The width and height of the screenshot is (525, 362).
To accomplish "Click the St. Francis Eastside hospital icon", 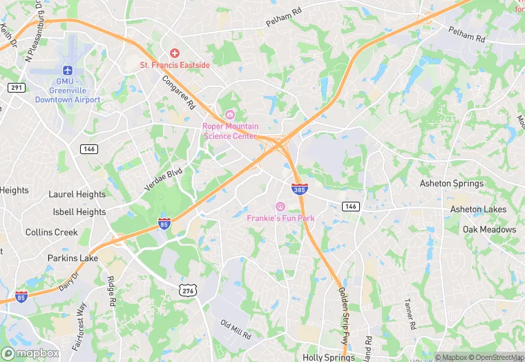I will pyautogui.click(x=174, y=53).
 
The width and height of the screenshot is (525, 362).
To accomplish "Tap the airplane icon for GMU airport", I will pyautogui.click(x=68, y=70).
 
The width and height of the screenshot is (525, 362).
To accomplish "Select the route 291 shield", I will pyautogui.click(x=17, y=88).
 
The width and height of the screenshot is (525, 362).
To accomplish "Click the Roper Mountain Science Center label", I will pyautogui.click(x=230, y=131).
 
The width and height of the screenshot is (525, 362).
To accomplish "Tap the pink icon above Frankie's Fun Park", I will pyautogui.click(x=280, y=207).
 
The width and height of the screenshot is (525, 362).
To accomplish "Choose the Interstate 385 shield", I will pyautogui.click(x=299, y=189).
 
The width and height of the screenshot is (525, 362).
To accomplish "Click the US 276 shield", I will pyautogui.click(x=187, y=293).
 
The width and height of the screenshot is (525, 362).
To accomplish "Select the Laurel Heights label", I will pyautogui.click(x=77, y=195).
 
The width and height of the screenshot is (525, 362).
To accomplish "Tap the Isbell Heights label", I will pyautogui.click(x=77, y=212).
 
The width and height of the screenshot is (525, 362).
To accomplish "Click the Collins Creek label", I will pyautogui.click(x=52, y=232).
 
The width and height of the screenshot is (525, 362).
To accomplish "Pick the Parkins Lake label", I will pyautogui.click(x=73, y=258).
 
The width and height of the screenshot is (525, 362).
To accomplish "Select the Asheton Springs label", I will pyautogui.click(x=452, y=184).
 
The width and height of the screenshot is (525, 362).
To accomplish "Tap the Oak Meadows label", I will pyautogui.click(x=489, y=229).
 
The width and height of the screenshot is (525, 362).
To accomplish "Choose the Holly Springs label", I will pyautogui.click(x=328, y=357).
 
